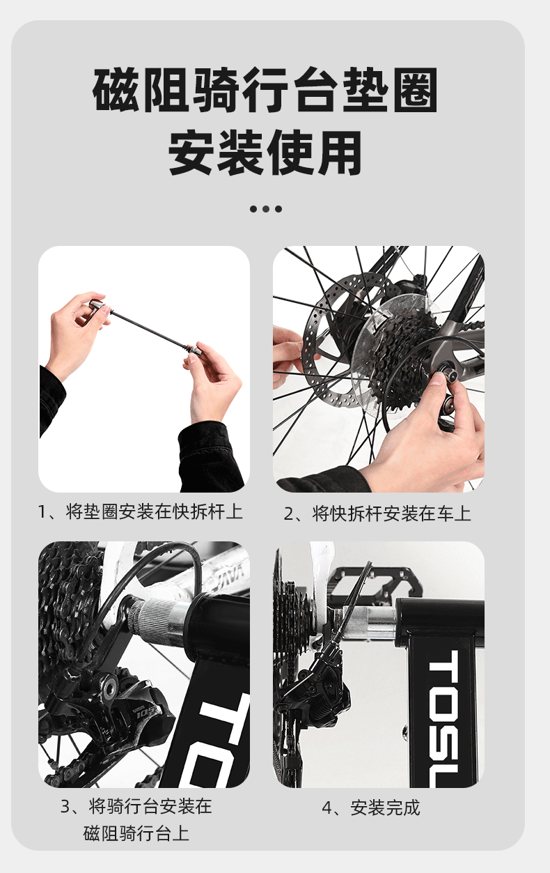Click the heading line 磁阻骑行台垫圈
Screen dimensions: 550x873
[265, 90]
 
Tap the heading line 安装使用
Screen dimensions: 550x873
[265, 153]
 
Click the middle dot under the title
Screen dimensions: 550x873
[266, 209]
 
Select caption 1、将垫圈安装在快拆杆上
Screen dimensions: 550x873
[140, 511]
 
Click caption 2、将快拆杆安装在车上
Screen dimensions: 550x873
[377, 513]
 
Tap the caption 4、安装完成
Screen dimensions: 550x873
[371, 808]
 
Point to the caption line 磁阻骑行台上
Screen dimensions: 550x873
[136, 834]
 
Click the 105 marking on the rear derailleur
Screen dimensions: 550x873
[145, 714]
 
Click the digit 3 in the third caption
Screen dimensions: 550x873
[65, 807]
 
